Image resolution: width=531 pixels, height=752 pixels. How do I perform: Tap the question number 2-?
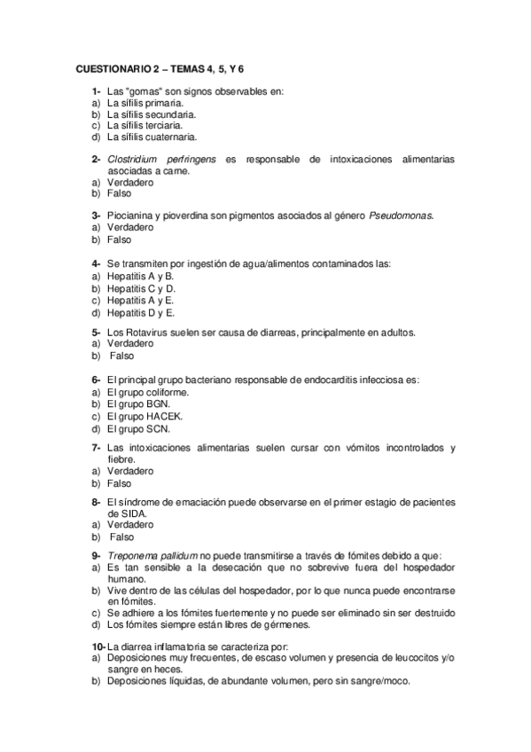tap(96, 160)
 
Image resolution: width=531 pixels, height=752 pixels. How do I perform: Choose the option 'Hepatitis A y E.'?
tap(141, 300)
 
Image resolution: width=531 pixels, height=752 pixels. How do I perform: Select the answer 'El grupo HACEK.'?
tap(145, 414)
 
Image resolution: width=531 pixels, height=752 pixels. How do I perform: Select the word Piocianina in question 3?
tap(131, 216)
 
